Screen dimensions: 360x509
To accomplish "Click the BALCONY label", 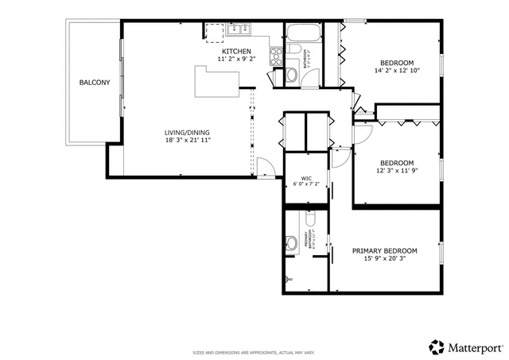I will (94, 83).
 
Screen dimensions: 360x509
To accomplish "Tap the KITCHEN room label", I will (236, 51).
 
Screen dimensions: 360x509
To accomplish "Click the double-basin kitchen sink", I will (239, 31).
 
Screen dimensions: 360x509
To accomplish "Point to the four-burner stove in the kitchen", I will (276, 56).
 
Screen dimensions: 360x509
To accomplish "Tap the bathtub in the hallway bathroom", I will (302, 34).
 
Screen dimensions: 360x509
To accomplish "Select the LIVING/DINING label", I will (188, 133).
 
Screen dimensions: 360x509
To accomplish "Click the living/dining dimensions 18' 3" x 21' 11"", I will (188, 141).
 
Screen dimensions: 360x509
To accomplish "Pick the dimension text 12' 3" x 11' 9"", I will (397, 170).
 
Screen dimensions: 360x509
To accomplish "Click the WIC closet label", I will (306, 178).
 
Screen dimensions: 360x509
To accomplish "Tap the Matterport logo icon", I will (437, 346).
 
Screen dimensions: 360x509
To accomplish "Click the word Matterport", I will (475, 347).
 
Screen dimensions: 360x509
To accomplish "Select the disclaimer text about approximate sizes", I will (254, 351).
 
